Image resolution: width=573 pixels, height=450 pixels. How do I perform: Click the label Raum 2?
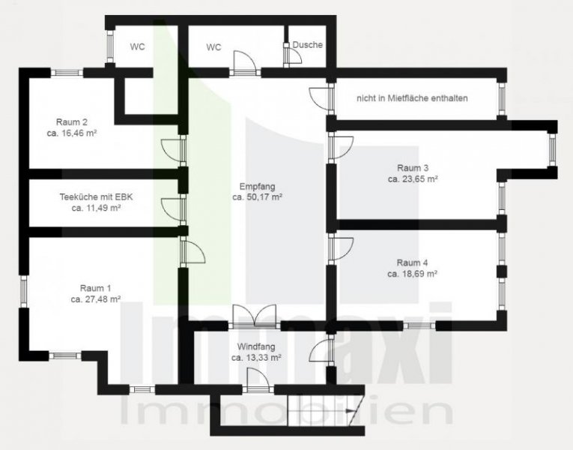point(72,121)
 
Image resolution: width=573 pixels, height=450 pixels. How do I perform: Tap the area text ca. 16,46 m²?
point(72,133)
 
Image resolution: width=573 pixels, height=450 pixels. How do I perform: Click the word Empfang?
point(256,186)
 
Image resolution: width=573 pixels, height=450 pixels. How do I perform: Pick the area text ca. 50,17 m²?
point(256,197)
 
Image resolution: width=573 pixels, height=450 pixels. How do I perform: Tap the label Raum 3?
point(413,168)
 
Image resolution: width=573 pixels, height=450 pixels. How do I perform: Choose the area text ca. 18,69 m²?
point(413,274)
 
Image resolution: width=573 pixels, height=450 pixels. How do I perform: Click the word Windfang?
point(256,346)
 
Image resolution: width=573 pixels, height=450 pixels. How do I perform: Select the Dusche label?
point(308,45)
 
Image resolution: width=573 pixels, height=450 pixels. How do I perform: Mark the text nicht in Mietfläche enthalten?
point(413,97)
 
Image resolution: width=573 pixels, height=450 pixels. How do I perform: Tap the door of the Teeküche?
point(172,208)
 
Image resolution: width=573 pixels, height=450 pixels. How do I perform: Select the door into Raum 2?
point(172,150)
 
